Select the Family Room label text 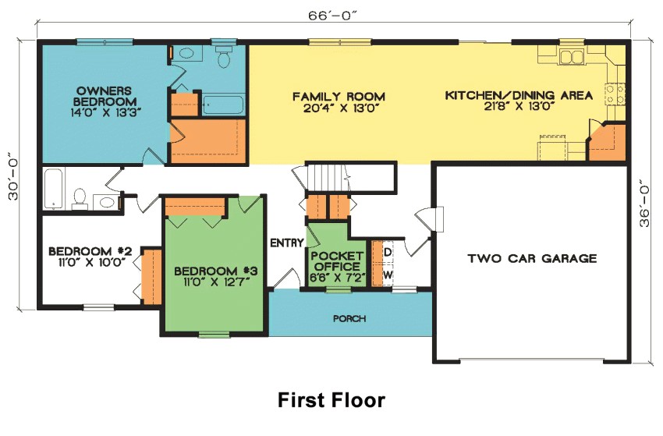tap(339, 102)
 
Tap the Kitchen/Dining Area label tap(518, 101)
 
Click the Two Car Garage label tap(532, 258)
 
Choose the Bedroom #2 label tap(90, 257)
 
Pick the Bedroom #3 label tap(215, 276)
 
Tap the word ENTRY tap(286, 243)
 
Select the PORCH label tap(349, 318)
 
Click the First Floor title tap(331, 400)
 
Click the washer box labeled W tap(388, 275)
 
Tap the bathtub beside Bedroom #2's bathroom tap(53, 190)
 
